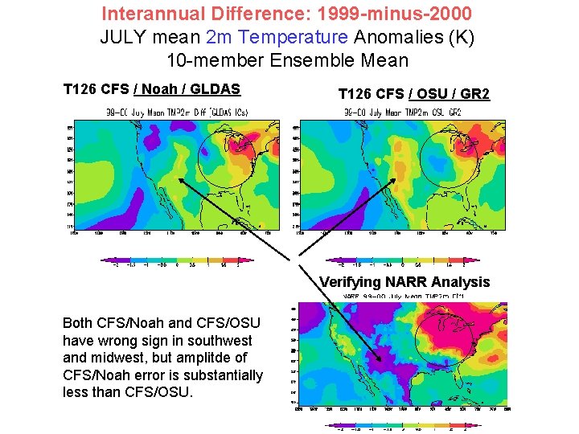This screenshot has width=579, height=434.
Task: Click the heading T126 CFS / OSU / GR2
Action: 414,94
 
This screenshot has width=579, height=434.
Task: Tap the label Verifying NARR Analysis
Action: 404,281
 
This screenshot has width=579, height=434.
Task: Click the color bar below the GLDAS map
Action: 177,260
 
